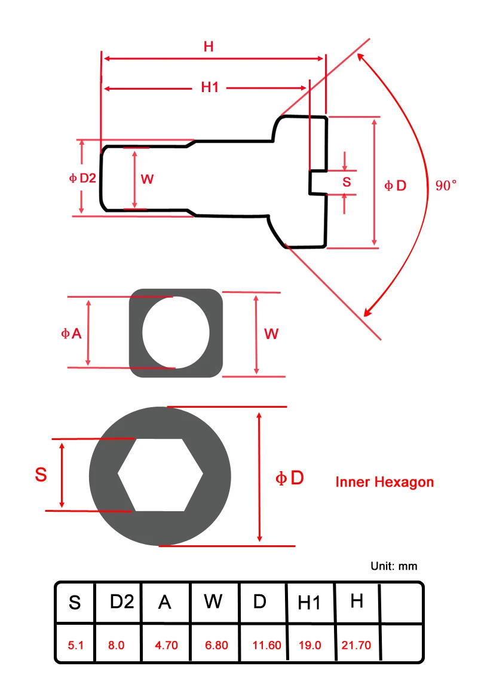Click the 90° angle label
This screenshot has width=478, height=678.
pyautogui.click(x=446, y=185)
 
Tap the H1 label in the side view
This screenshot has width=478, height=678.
pyautogui.click(x=210, y=87)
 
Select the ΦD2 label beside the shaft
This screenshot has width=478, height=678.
pyautogui.click(x=82, y=178)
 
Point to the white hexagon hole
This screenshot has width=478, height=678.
pyautogui.click(x=160, y=475)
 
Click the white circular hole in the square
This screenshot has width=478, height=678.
pyautogui.click(x=176, y=332)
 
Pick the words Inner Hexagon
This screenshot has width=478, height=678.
pyautogui.click(x=385, y=482)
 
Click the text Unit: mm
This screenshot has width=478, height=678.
pyautogui.click(x=394, y=566)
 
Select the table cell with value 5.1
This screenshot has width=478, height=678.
pyautogui.click(x=76, y=645)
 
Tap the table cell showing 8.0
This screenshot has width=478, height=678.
pyautogui.click(x=117, y=645)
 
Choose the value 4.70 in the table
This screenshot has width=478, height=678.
pyautogui.click(x=166, y=645)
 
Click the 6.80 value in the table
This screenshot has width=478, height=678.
pyautogui.click(x=216, y=645)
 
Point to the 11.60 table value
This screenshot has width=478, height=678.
pyautogui.click(x=266, y=645)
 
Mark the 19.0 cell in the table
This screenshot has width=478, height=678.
pyautogui.click(x=310, y=645)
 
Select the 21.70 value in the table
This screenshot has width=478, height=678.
pyautogui.click(x=356, y=645)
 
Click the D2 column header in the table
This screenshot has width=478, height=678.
pyautogui.click(x=122, y=601)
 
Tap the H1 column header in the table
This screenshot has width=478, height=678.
pyautogui.click(x=309, y=602)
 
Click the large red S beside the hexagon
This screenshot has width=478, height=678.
pyautogui.click(x=41, y=474)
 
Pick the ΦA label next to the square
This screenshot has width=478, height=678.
pyautogui.click(x=71, y=334)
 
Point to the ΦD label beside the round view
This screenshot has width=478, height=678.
pyautogui.click(x=290, y=478)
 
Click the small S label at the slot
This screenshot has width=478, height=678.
pyautogui.click(x=347, y=182)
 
